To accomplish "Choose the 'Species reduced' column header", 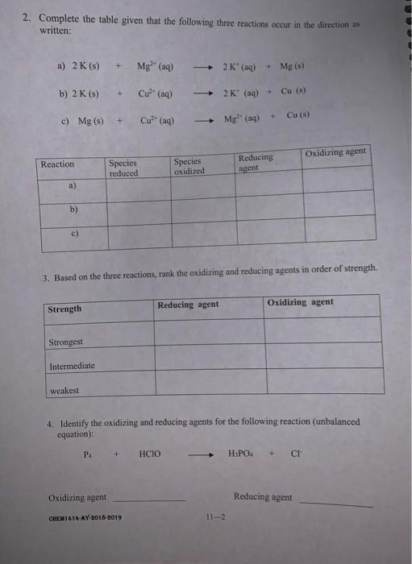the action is click(x=123, y=168).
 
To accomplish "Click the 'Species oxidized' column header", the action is click(x=189, y=165).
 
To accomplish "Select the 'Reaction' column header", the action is click(x=57, y=164).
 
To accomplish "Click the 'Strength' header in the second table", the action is click(x=65, y=309).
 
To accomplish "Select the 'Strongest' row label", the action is click(x=66, y=342).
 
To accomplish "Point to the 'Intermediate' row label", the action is click(x=72, y=366).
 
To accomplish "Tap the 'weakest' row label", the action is click(x=65, y=391).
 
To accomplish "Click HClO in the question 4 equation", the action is click(x=150, y=454).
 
